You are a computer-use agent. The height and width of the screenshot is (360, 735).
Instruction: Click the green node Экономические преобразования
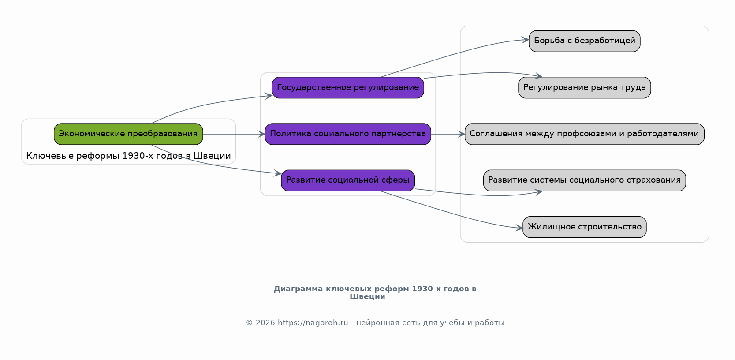pyautogui.click(x=128, y=134)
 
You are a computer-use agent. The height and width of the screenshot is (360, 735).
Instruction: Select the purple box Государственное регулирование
pyautogui.click(x=348, y=88)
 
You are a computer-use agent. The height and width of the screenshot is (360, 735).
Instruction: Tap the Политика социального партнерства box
pyautogui.click(x=348, y=134)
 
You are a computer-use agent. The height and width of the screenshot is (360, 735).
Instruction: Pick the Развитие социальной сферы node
pyautogui.click(x=348, y=180)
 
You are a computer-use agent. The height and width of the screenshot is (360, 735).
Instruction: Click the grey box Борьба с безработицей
pyautogui.click(x=584, y=41)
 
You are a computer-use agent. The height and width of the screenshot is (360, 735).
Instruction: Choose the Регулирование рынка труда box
pyautogui.click(x=584, y=88)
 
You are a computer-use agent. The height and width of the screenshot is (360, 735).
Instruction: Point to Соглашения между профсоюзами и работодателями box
pyautogui.click(x=584, y=134)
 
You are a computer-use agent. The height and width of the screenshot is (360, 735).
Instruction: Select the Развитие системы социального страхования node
pyautogui.click(x=584, y=180)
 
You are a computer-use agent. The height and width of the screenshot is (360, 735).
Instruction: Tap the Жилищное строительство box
pyautogui.click(x=584, y=227)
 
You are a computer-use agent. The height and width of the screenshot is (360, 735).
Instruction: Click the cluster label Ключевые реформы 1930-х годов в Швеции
pyautogui.click(x=128, y=156)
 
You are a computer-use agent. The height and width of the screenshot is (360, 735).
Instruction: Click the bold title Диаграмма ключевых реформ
pyautogui.click(x=375, y=292)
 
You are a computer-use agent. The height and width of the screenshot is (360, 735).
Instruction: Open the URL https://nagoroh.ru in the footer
pyautogui.click(x=313, y=323)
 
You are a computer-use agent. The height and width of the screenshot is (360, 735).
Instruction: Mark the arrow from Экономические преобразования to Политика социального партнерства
pyautogui.click(x=234, y=134)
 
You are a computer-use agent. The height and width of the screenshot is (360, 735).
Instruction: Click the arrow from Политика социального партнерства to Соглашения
pyautogui.click(x=448, y=134)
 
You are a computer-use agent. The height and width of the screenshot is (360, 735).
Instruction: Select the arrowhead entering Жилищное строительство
pyautogui.click(x=519, y=228)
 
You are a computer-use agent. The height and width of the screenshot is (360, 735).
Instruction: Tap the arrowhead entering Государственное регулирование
pyautogui.click(x=269, y=96)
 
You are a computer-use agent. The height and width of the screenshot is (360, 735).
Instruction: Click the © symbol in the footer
pyautogui.click(x=250, y=323)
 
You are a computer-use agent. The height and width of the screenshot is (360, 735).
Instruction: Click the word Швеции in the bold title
pyautogui.click(x=367, y=297)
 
